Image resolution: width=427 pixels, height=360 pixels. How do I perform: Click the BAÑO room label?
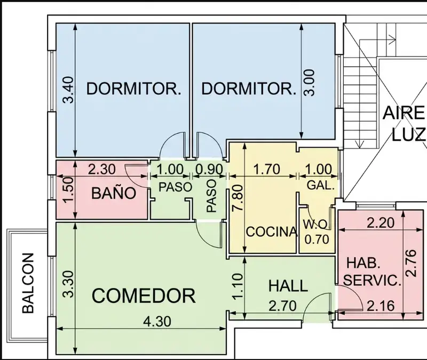click(114, 193)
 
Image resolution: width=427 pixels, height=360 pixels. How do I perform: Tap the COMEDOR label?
click(144, 295)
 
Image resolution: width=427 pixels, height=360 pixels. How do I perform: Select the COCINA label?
click(272, 232)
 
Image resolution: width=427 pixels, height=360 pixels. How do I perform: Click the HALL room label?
click(288, 286)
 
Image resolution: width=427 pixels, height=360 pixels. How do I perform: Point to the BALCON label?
click(28, 283)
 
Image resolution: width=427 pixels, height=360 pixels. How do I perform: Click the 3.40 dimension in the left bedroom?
click(68, 90)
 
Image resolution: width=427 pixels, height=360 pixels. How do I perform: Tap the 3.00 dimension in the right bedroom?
click(310, 83)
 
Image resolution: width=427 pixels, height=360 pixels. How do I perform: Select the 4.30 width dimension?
click(157, 322)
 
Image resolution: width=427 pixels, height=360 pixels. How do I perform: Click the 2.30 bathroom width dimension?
click(101, 169)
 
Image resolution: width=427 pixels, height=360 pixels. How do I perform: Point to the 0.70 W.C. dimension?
click(317, 239)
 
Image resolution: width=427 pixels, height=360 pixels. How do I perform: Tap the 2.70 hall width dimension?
click(282, 306)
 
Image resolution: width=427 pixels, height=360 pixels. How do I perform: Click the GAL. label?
click(321, 185)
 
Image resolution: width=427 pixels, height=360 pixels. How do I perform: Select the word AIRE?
click(404, 113)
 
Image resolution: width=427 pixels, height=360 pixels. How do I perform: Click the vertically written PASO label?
click(211, 196)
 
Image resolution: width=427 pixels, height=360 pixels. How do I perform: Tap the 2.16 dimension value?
click(381, 306)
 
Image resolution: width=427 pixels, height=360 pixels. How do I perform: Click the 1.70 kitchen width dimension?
click(266, 169)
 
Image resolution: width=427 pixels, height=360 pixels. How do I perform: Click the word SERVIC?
click(372, 281)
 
